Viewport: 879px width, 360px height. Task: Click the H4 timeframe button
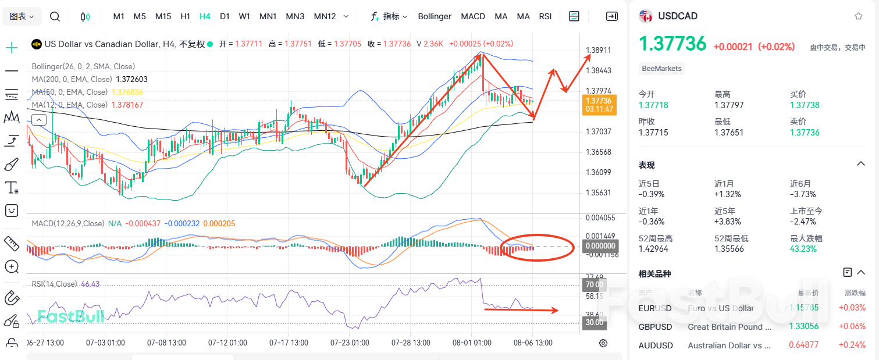205,16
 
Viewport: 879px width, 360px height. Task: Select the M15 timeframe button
163,16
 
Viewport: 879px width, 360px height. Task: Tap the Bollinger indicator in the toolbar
435,16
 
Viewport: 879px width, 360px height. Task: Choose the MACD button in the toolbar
473,16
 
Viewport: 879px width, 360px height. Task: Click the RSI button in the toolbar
545,16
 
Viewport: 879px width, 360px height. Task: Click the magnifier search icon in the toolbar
55,16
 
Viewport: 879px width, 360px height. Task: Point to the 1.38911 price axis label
598,50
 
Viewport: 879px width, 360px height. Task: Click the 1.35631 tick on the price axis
598,193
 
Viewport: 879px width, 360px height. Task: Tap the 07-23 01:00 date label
350,343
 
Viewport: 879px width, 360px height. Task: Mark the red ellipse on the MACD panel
537,247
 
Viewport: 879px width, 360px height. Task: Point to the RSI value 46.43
90,284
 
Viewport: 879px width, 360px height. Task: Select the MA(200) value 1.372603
131,79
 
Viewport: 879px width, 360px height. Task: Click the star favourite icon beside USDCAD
859,16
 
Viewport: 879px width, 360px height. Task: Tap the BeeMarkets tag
661,69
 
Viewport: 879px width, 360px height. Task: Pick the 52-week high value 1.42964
653,249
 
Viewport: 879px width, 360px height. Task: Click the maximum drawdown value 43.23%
803,249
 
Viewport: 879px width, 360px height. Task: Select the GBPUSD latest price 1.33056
803,327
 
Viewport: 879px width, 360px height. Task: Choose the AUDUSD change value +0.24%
852,345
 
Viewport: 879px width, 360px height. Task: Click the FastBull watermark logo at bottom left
71,316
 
